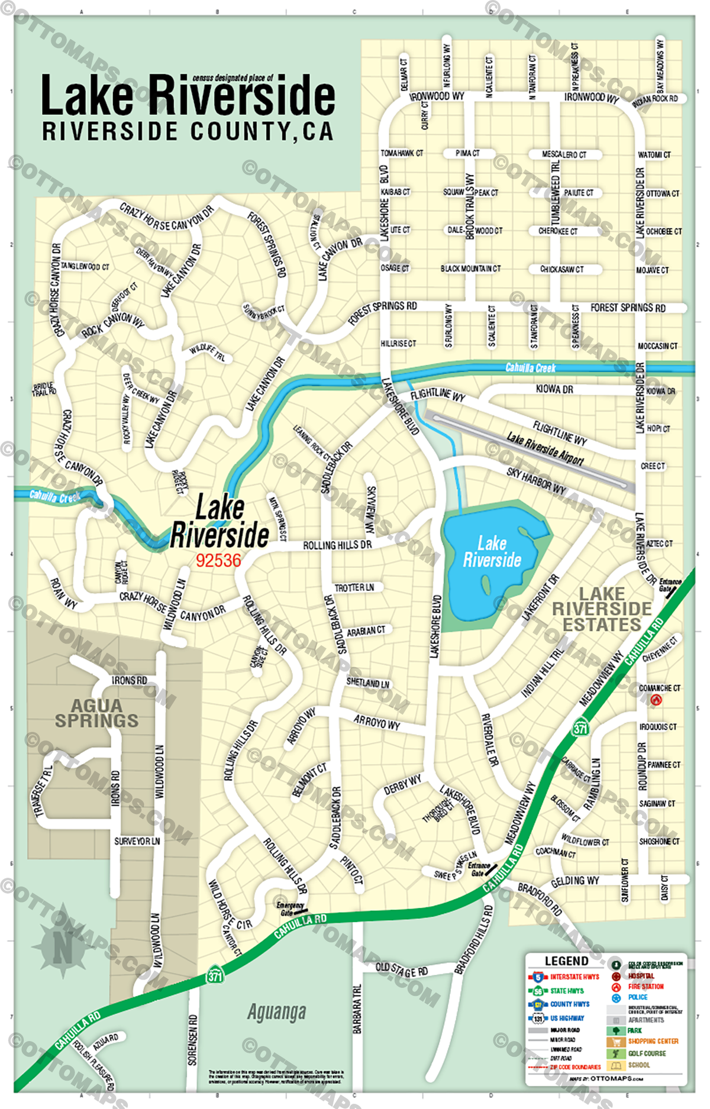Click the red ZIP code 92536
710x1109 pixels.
click(218, 560)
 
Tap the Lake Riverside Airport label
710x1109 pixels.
click(544, 448)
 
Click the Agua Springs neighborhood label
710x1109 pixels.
click(96, 713)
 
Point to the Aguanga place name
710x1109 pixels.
click(276, 1012)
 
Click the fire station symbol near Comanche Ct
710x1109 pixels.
click(656, 700)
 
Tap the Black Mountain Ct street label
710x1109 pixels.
click(470, 269)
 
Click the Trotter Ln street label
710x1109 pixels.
click(354, 588)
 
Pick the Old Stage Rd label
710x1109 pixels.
click(402, 970)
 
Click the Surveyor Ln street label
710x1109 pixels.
click(137, 840)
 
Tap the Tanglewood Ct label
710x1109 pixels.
click(85, 267)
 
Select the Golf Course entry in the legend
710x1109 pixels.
click(647, 1053)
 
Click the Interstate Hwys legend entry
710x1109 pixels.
click(574, 977)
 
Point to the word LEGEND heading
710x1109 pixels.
click(566, 961)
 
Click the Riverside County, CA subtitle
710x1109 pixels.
click(187, 131)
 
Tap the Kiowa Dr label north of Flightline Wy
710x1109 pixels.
click(554, 389)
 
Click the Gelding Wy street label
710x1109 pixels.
click(575, 881)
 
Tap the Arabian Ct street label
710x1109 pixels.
click(366, 631)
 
